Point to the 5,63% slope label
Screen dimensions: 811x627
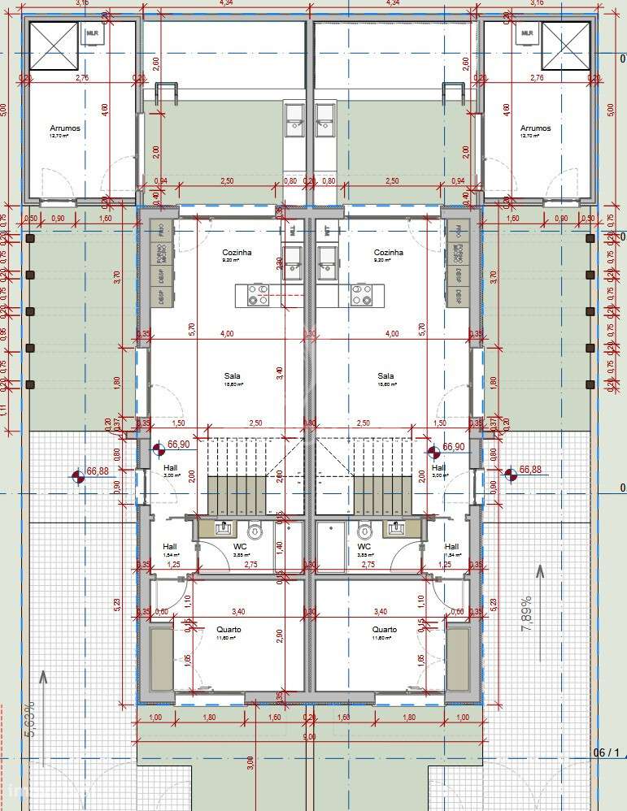30,718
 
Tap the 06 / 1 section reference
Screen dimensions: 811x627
606,752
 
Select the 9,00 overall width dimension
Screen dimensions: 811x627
309,737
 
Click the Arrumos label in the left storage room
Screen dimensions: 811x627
65,128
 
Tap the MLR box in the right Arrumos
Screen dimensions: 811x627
527,33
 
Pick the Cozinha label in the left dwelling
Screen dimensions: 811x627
237,253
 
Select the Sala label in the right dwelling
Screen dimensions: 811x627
385,375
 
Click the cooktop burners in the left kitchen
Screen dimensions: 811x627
259,294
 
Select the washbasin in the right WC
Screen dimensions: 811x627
397,529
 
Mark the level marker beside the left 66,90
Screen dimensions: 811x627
159,446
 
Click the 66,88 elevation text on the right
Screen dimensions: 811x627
529,470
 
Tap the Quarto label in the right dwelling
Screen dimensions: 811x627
385,630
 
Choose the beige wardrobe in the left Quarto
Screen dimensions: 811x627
161,658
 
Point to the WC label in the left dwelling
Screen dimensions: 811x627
240,547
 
